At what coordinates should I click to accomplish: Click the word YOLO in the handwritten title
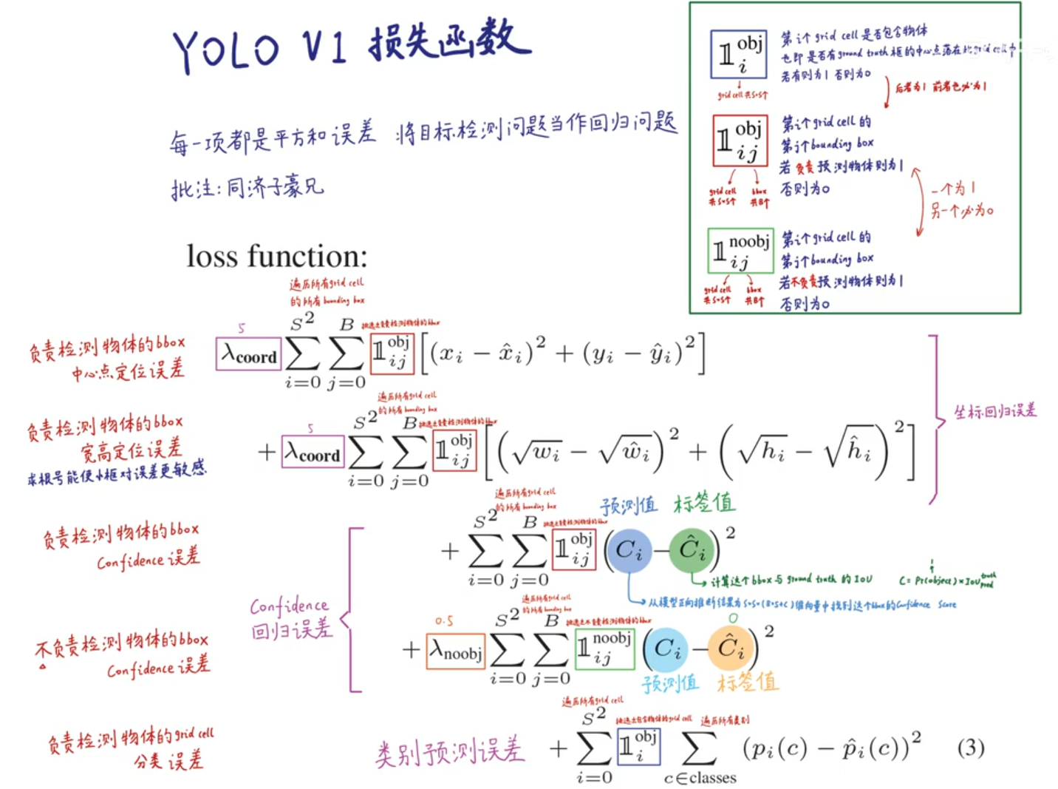[x=226, y=50]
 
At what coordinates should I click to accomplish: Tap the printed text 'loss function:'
[x=277, y=257]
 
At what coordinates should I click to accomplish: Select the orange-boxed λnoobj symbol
[x=456, y=651]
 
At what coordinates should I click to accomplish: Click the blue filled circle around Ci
[x=629, y=550]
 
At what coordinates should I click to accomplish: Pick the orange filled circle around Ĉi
[x=731, y=649]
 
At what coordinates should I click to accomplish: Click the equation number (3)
[x=970, y=748]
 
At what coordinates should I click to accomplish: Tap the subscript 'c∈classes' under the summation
[x=700, y=777]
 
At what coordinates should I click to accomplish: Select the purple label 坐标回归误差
[x=994, y=411]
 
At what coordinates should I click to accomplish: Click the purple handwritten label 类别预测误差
[x=449, y=752]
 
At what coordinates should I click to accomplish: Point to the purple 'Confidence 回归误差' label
[x=291, y=617]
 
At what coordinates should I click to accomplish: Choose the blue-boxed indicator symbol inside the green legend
[x=738, y=55]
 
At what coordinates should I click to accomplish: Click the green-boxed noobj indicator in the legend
[x=740, y=251]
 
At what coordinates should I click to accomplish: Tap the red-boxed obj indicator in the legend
[x=740, y=140]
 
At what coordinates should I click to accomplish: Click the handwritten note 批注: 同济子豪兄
[x=248, y=188]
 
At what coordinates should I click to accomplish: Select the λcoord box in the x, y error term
[x=248, y=354]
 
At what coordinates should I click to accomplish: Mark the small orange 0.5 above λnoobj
[x=444, y=621]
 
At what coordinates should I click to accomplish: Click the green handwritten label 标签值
[x=703, y=504]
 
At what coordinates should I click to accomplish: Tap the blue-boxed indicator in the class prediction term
[x=638, y=746]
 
